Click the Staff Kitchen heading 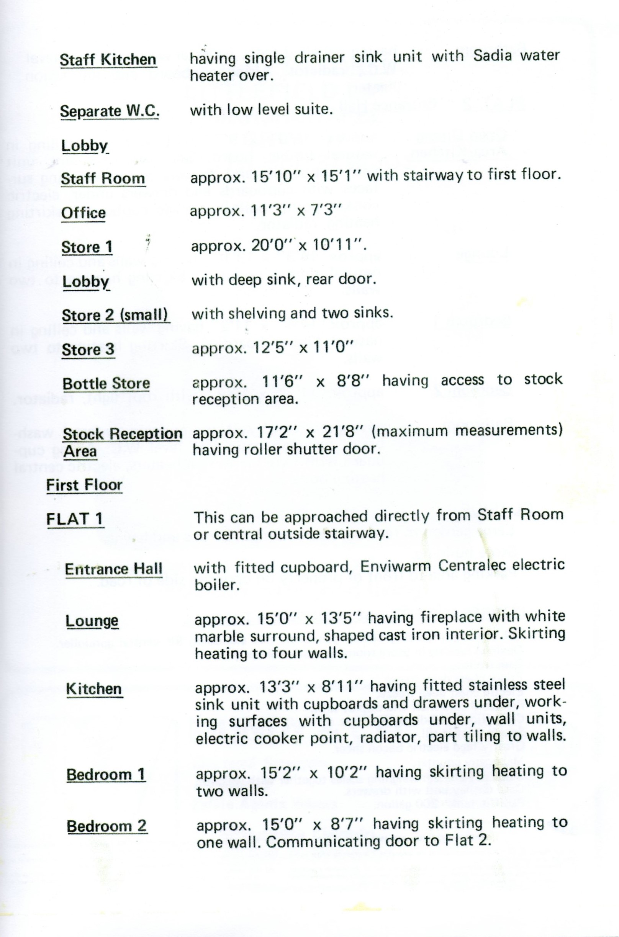pyautogui.click(x=108, y=60)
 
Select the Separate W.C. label pyautogui.click(x=109, y=111)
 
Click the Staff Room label pyautogui.click(x=103, y=179)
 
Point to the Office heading pyautogui.click(x=83, y=213)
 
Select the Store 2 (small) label pyautogui.click(x=115, y=315)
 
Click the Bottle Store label pyautogui.click(x=106, y=383)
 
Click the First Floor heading pyautogui.click(x=84, y=485)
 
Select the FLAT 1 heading pyautogui.click(x=74, y=519)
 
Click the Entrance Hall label pyautogui.click(x=113, y=569)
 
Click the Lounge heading pyautogui.click(x=92, y=621)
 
